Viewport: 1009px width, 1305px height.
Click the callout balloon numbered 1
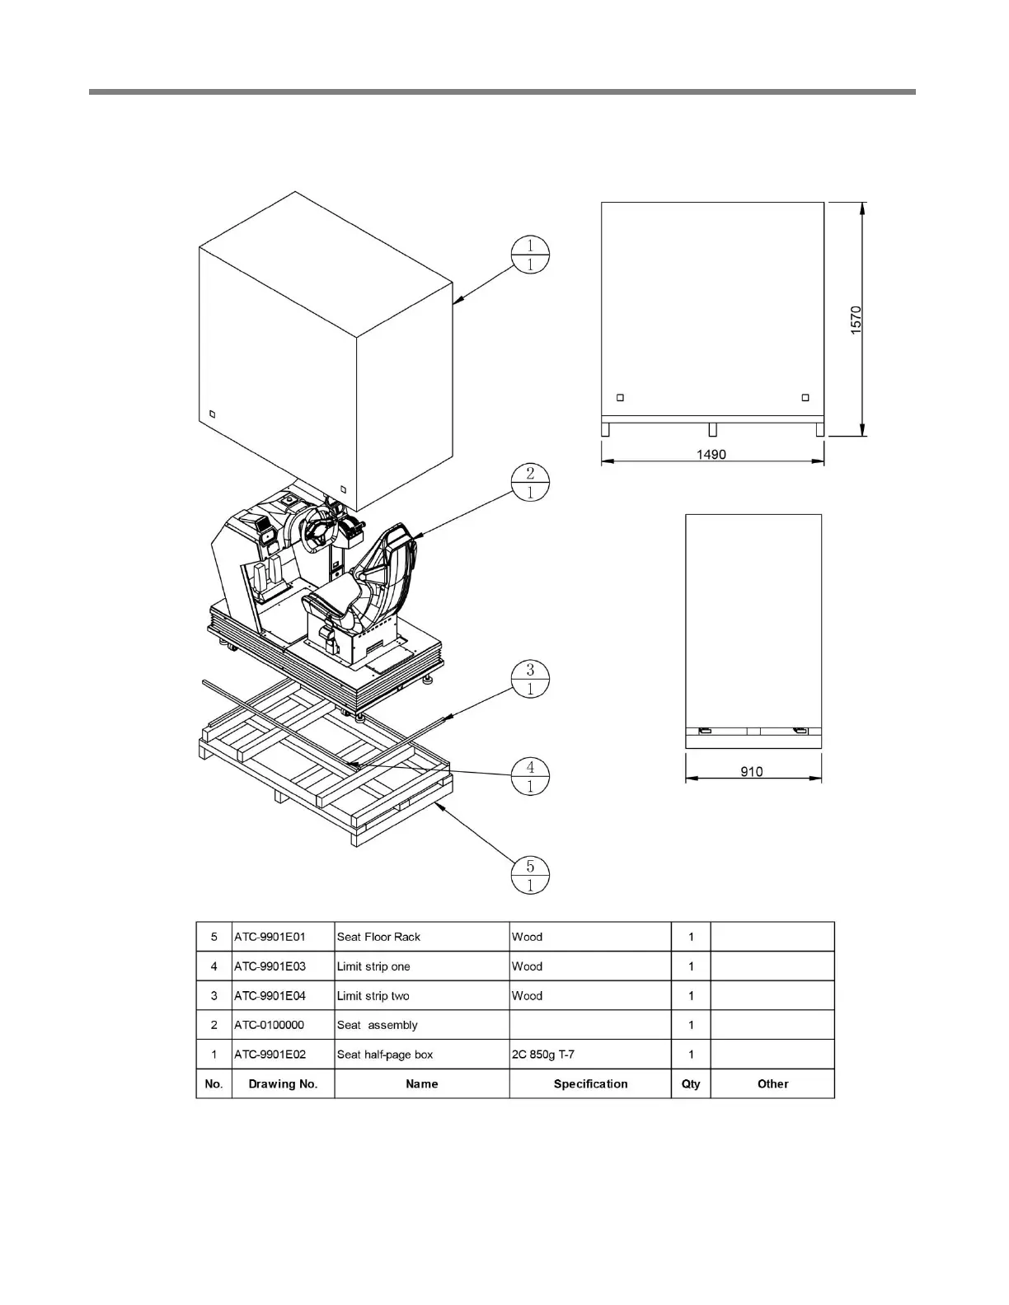(529, 255)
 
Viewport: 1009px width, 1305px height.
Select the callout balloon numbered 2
(529, 482)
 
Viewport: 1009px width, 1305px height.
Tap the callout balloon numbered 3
(530, 679)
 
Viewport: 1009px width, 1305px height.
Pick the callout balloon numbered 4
(530, 776)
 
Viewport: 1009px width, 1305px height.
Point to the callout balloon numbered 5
(530, 875)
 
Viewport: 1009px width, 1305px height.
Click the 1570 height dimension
(856, 320)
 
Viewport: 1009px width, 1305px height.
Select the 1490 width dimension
(711, 454)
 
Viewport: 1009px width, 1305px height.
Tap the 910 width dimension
(752, 772)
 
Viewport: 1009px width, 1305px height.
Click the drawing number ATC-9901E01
(270, 937)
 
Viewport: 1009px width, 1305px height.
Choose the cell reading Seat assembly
(378, 1025)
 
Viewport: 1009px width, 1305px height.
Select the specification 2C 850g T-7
(543, 1055)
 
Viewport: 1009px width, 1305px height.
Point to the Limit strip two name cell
(373, 996)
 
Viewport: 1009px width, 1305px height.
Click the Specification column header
(590, 1084)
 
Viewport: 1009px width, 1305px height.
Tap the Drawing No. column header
(283, 1084)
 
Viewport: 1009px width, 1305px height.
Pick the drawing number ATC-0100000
(269, 1025)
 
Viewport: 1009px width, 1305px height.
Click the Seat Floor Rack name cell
(378, 937)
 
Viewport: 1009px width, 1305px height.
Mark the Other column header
(772, 1084)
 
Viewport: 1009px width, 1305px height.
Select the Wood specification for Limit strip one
(527, 966)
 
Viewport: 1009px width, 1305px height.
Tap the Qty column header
(691, 1084)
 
